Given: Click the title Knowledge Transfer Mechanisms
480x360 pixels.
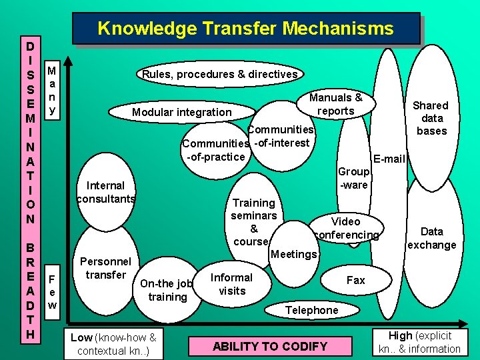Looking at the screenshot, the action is pyautogui.click(x=245, y=29).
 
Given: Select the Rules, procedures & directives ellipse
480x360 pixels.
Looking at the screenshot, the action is pyautogui.click(x=219, y=74).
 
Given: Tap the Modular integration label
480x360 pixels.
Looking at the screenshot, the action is pyautogui.click(x=181, y=112).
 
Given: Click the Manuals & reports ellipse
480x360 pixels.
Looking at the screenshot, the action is pyautogui.click(x=336, y=104).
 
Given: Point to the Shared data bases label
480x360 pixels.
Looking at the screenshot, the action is pyautogui.click(x=431, y=118).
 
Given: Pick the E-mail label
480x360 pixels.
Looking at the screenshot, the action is pyautogui.click(x=390, y=159).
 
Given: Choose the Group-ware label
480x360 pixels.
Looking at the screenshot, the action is pyautogui.click(x=354, y=178).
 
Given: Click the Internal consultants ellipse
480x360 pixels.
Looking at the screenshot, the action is pyautogui.click(x=106, y=192).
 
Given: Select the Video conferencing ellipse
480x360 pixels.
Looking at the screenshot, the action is pyautogui.click(x=345, y=227).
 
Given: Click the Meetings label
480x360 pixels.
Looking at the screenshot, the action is pyautogui.click(x=295, y=254).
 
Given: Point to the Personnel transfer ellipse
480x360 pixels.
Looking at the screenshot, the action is pyautogui.click(x=105, y=267).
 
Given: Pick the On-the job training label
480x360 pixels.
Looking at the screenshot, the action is pyautogui.click(x=167, y=290).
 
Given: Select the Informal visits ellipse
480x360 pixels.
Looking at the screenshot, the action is pyautogui.click(x=232, y=284).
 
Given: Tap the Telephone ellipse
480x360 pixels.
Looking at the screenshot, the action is pyautogui.click(x=311, y=310).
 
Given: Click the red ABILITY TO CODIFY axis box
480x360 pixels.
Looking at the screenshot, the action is pyautogui.click(x=270, y=346).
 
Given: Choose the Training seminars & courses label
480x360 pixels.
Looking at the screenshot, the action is pyautogui.click(x=253, y=222).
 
